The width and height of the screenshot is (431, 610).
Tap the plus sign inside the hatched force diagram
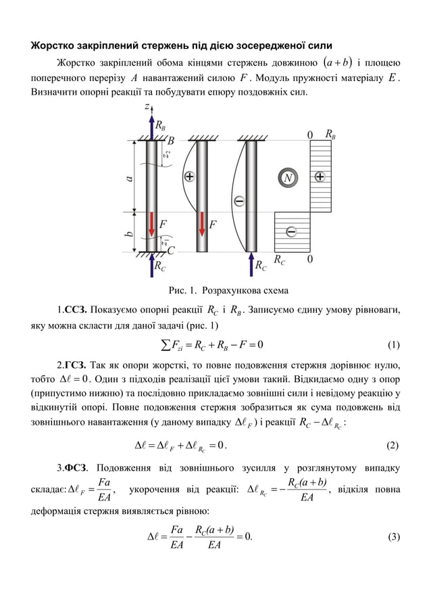(x=319, y=177)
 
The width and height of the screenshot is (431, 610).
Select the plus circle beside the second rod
(x=191, y=177)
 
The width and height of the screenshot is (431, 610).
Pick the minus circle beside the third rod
(x=238, y=201)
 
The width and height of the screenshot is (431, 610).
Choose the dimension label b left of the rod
(x=128, y=233)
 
